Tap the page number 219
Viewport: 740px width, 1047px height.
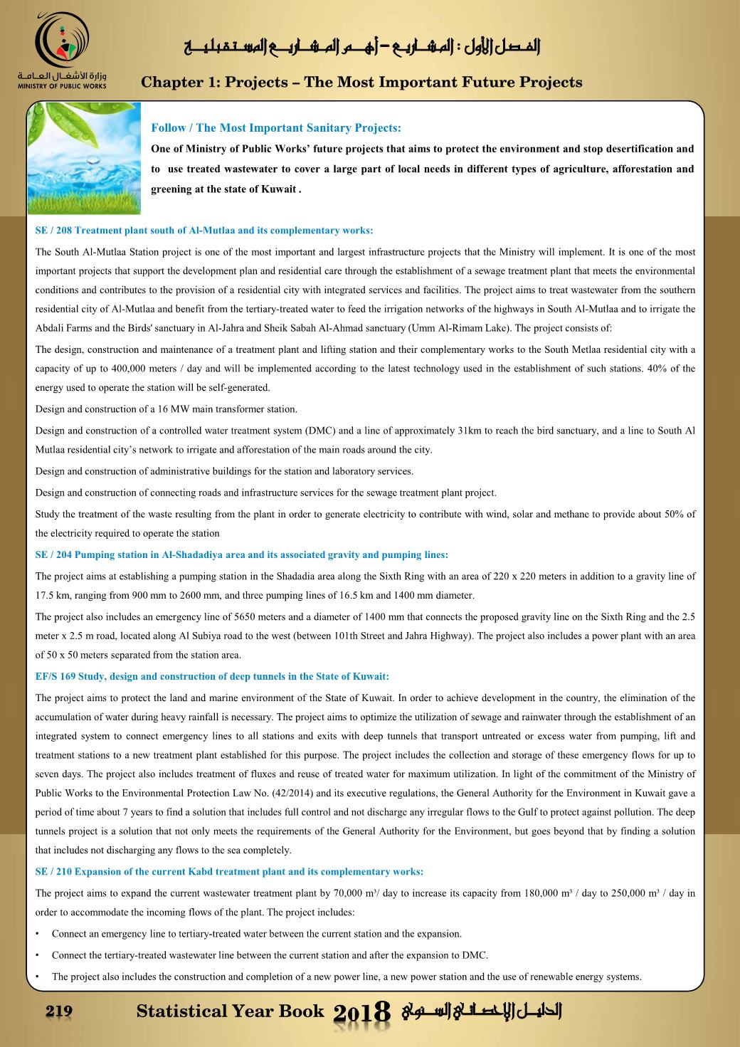(x=59, y=1011)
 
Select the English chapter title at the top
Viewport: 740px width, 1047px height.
(x=361, y=83)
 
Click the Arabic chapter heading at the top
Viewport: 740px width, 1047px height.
(x=361, y=47)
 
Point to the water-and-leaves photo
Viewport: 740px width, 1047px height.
(x=83, y=158)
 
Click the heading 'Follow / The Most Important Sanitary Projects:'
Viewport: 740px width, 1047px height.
(x=276, y=128)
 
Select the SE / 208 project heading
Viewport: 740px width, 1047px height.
(x=204, y=231)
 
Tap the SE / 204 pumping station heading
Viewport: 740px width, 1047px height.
(x=241, y=554)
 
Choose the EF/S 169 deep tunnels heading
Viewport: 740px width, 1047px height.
(x=212, y=676)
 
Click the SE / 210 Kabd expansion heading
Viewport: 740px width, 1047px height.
(x=229, y=871)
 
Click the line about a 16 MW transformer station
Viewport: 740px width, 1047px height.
(x=166, y=409)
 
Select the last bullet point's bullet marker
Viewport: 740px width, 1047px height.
(x=38, y=977)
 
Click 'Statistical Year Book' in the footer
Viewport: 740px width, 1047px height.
(x=230, y=1011)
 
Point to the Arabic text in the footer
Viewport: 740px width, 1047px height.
(x=482, y=1011)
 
